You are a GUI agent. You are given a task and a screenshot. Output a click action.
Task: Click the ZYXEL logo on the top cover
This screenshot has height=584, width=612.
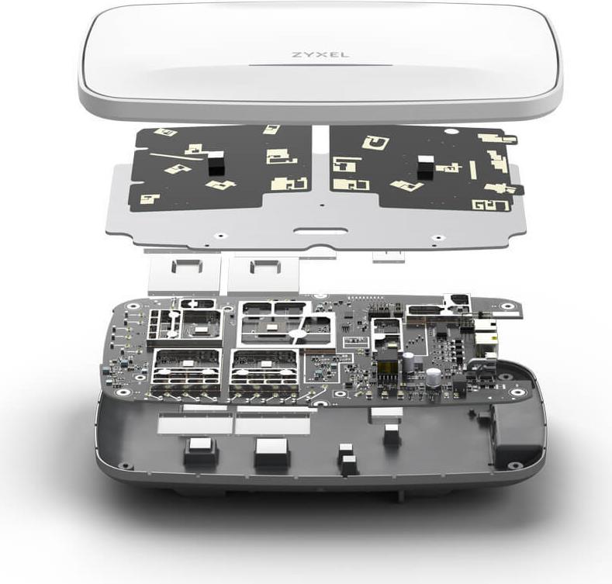[x=320, y=54]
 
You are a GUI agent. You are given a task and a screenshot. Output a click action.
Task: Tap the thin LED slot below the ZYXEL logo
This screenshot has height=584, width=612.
[x=320, y=65]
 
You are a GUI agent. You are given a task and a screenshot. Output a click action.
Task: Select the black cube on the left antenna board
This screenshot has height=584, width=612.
[x=216, y=163]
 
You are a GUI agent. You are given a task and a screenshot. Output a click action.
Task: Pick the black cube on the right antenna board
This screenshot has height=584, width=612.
[x=426, y=167]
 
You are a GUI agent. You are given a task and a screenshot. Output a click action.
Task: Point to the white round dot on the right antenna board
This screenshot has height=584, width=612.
[x=451, y=132]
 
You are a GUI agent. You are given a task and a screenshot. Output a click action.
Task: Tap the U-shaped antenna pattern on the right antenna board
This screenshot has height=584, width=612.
[x=375, y=143]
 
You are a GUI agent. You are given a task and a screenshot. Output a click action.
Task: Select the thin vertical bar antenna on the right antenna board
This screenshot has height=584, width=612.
[x=473, y=170]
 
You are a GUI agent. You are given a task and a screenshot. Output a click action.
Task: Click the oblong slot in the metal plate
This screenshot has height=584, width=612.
[x=320, y=230]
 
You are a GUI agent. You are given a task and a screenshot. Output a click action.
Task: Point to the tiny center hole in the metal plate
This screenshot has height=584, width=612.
[x=321, y=205]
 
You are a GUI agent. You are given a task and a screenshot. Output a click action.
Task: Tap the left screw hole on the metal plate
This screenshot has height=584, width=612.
[x=220, y=236]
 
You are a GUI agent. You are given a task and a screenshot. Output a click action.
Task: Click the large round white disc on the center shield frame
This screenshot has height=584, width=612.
[x=298, y=334]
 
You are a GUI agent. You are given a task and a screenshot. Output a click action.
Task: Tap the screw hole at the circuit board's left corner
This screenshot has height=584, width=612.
[x=122, y=392]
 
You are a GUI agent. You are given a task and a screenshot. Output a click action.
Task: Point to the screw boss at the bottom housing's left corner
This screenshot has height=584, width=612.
[x=126, y=465]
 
